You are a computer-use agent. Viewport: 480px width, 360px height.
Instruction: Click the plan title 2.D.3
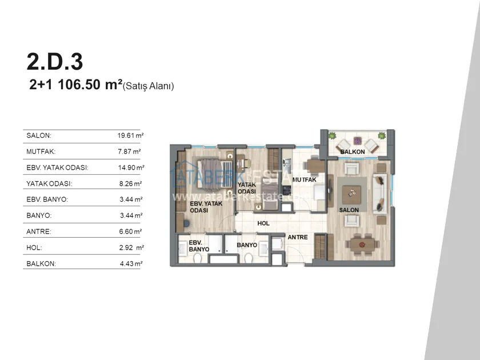pyautogui.click(x=55, y=62)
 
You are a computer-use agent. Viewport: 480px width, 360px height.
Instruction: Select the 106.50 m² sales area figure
pyautogui.click(x=90, y=84)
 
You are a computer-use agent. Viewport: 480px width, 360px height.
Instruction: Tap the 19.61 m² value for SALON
pyautogui.click(x=130, y=135)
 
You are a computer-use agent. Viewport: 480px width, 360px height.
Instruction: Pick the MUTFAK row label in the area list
pyautogui.click(x=41, y=151)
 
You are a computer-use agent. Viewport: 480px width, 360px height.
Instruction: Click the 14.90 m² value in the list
pyautogui.click(x=131, y=167)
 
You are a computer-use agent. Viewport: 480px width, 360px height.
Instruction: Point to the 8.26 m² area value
pyautogui.click(x=130, y=183)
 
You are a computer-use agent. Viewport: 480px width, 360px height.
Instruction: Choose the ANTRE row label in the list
pyautogui.click(x=39, y=231)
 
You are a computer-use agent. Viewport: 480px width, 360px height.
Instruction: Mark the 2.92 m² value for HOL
pyautogui.click(x=131, y=247)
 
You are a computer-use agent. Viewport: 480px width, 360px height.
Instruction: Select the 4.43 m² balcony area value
pyautogui.click(x=131, y=263)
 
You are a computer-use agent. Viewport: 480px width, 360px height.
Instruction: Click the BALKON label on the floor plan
pyautogui.click(x=353, y=152)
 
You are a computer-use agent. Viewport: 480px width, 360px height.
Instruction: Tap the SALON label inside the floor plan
pyautogui.click(x=349, y=210)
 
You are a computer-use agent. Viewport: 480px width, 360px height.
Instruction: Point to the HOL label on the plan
pyautogui.click(x=263, y=223)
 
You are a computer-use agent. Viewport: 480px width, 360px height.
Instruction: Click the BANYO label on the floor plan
pyautogui.click(x=247, y=245)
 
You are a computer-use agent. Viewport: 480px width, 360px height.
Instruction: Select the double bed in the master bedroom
pyautogui.click(x=213, y=173)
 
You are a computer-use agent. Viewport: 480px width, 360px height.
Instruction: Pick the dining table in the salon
pyautogui.click(x=363, y=245)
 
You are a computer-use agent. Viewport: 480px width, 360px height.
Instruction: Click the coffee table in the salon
pyautogui.click(x=352, y=195)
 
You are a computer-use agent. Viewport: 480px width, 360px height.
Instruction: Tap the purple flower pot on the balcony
pyautogui.click(x=357, y=141)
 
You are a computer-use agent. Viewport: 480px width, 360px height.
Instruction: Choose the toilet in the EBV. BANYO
pyautogui.click(x=197, y=259)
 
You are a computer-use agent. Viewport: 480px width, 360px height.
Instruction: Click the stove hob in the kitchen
pyautogui.click(x=286, y=190)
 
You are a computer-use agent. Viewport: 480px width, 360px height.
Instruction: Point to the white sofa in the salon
pyautogui.click(x=379, y=194)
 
